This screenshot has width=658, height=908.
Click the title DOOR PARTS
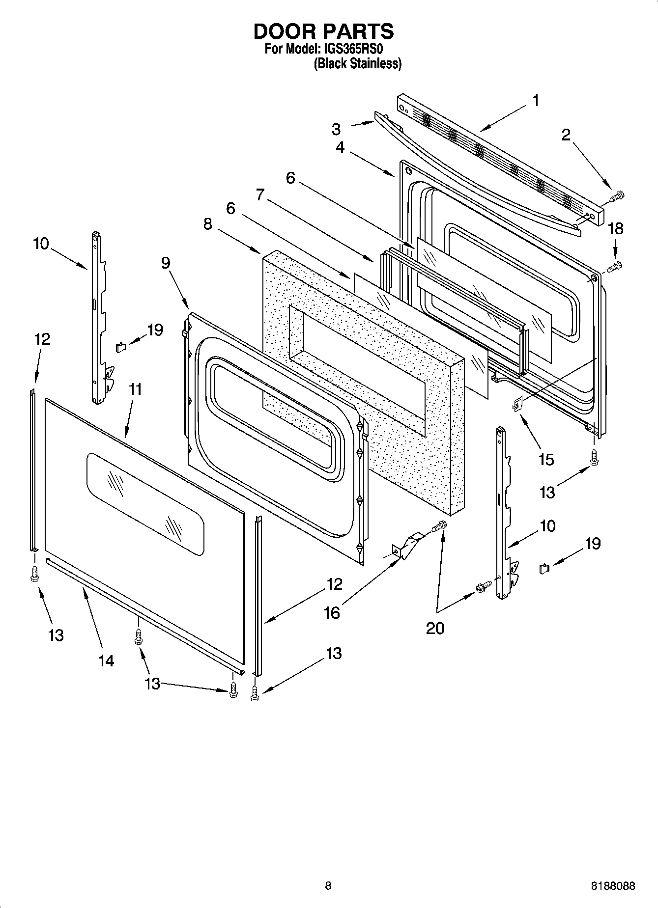pyautogui.click(x=323, y=31)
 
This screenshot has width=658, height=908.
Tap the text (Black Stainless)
pyautogui.click(x=357, y=63)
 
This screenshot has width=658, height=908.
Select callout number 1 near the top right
pyautogui.click(x=536, y=101)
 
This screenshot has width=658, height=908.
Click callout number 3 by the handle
pyautogui.click(x=336, y=129)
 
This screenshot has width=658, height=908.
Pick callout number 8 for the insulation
pyautogui.click(x=208, y=224)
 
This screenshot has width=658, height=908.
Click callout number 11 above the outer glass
pyautogui.click(x=135, y=389)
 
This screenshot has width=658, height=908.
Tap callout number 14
pyautogui.click(x=106, y=661)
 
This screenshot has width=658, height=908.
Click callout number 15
pyautogui.click(x=546, y=460)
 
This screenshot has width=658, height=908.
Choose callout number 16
pyautogui.click(x=332, y=612)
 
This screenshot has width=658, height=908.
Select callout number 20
pyautogui.click(x=435, y=628)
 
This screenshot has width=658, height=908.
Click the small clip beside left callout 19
pyautogui.click(x=120, y=347)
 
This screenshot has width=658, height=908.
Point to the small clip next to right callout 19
pyautogui.click(x=544, y=569)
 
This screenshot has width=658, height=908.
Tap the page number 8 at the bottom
pyautogui.click(x=328, y=886)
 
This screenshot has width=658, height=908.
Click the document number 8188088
pyautogui.click(x=612, y=886)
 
